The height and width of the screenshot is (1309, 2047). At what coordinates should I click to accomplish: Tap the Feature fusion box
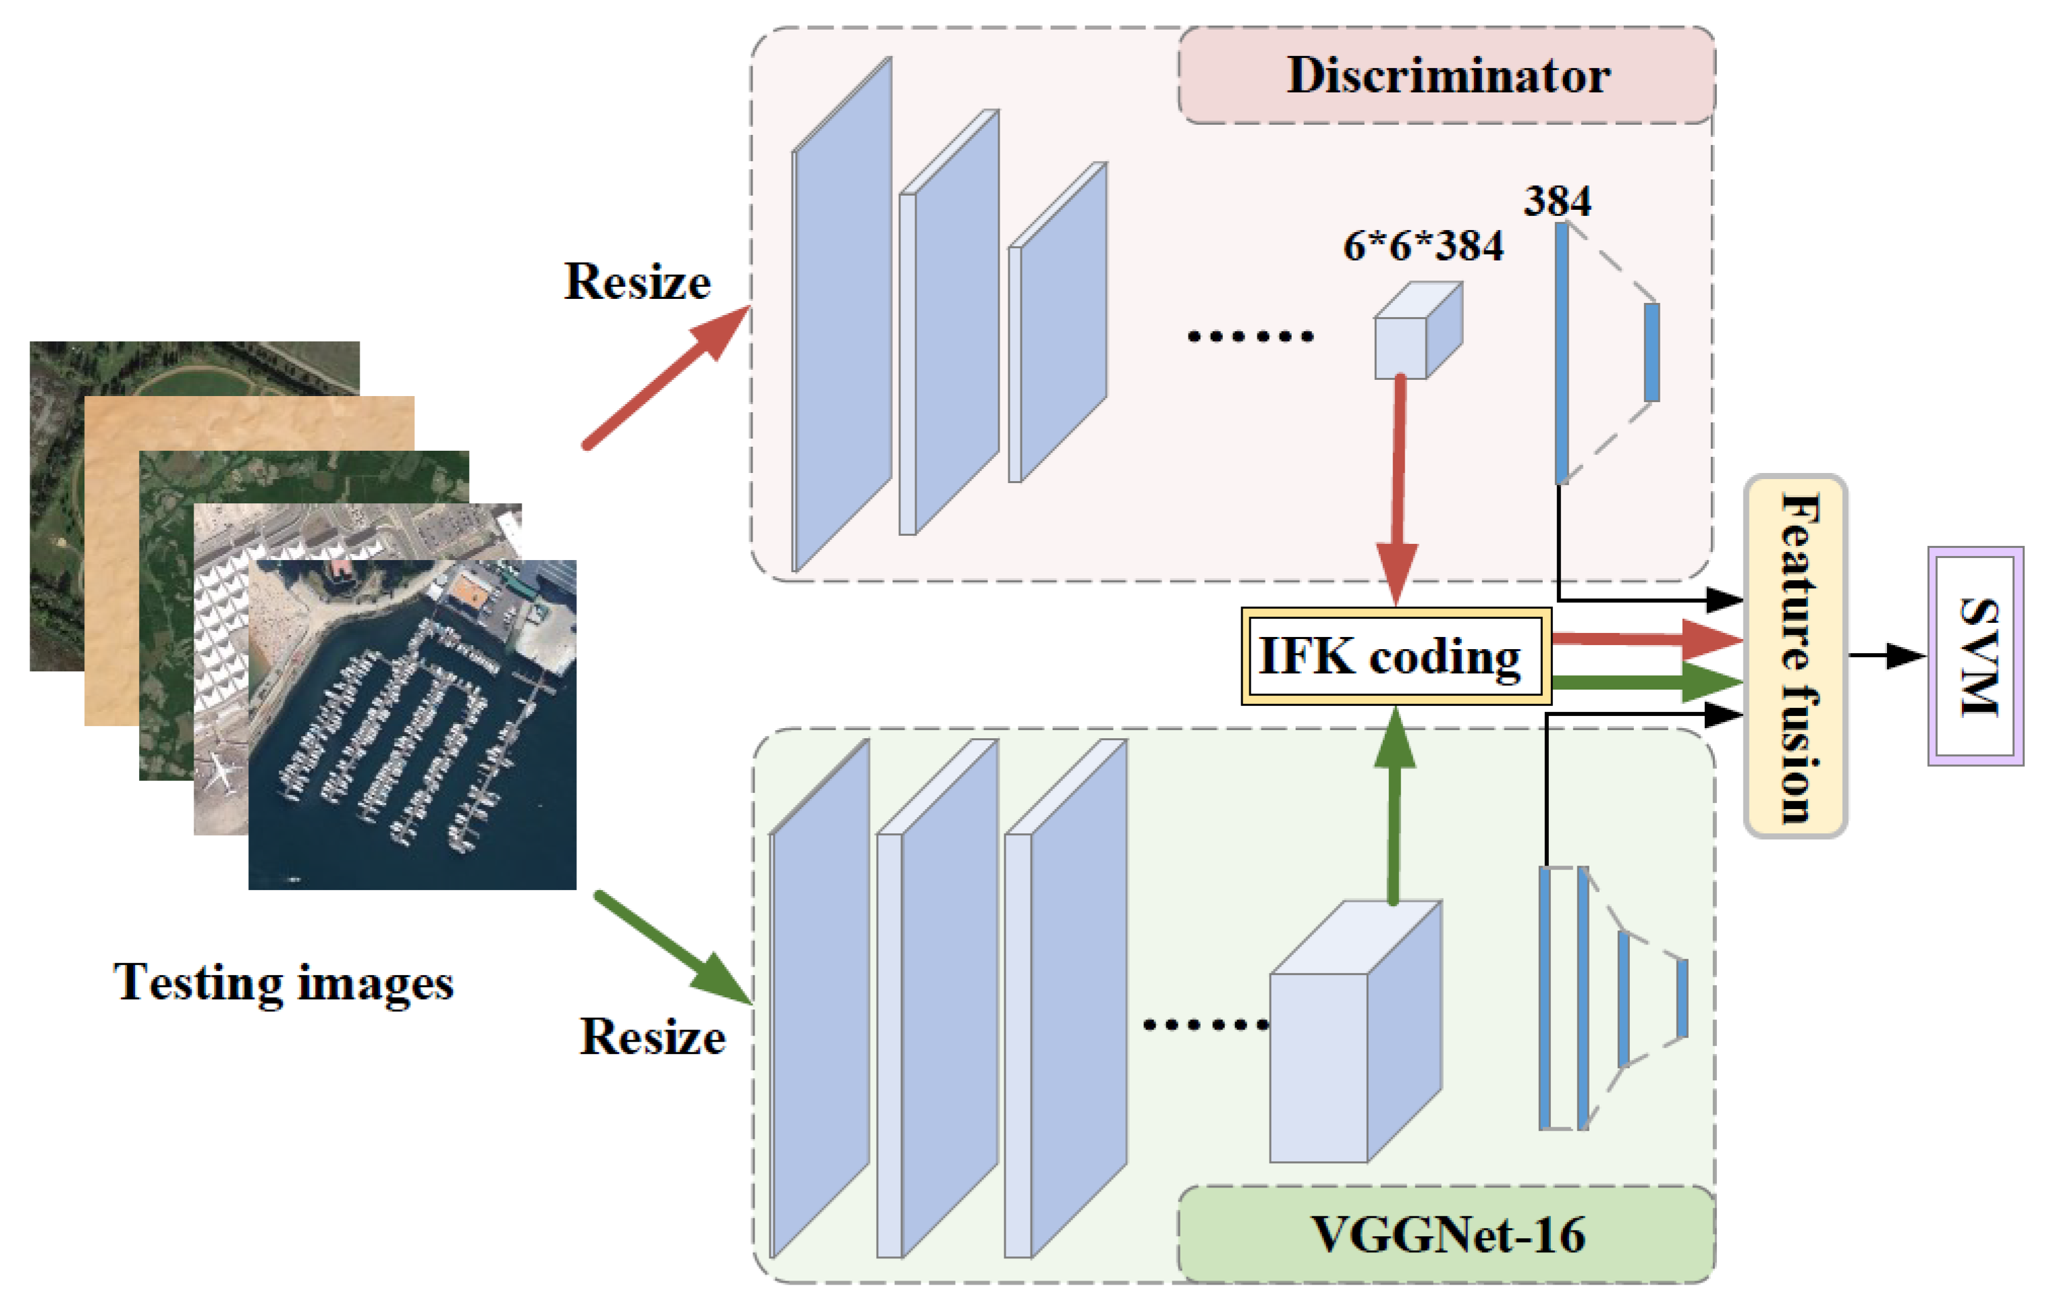click(x=1795, y=657)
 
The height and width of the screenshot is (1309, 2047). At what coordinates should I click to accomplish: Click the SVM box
click(x=1975, y=657)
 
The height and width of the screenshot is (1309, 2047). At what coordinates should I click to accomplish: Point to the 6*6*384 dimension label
click(x=1423, y=246)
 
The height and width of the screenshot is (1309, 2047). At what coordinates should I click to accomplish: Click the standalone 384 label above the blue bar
click(x=1556, y=202)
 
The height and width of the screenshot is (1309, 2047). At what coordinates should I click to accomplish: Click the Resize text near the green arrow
click(x=652, y=1037)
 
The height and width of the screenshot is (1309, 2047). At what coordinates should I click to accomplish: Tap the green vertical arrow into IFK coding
click(x=1394, y=808)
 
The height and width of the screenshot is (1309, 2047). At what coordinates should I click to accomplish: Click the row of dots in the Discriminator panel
click(x=1250, y=337)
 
